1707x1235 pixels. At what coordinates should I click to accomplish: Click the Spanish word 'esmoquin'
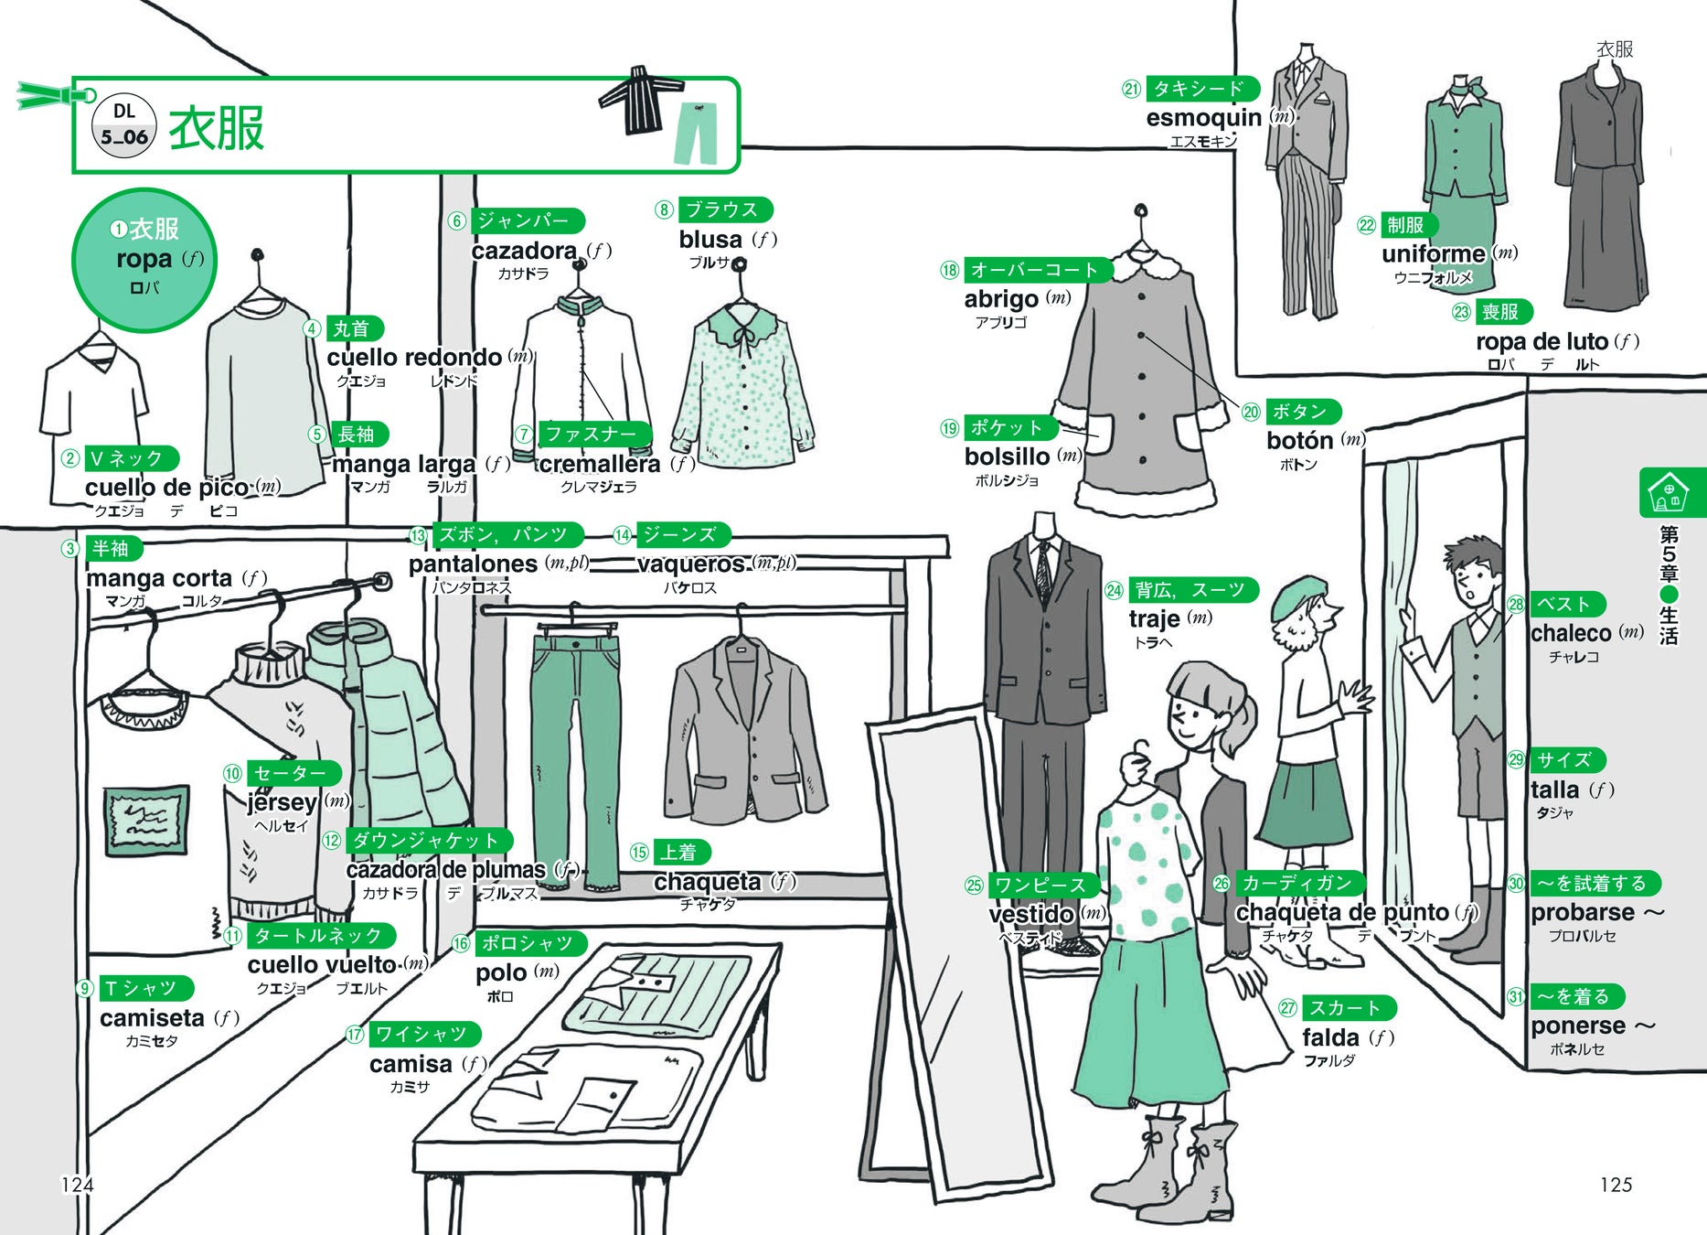click(1203, 118)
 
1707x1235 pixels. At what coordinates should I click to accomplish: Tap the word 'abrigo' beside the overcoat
click(1001, 299)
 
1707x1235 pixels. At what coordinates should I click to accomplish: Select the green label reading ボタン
click(1301, 412)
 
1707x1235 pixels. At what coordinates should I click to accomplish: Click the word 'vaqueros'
click(690, 564)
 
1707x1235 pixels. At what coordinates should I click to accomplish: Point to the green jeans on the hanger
click(576, 750)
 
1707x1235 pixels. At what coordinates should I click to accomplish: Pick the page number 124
click(77, 1185)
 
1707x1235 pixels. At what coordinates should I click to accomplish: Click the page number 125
click(1616, 1185)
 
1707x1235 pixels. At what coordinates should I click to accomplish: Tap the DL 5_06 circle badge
click(124, 125)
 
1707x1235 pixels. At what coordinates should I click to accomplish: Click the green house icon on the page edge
click(1669, 492)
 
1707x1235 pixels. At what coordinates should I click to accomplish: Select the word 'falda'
click(1330, 1037)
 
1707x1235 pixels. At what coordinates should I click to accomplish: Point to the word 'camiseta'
click(152, 1018)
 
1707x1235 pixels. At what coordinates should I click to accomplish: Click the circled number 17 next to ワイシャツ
click(355, 1035)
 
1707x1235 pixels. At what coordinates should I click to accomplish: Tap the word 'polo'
click(501, 972)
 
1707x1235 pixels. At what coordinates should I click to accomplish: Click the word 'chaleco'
click(1571, 633)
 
